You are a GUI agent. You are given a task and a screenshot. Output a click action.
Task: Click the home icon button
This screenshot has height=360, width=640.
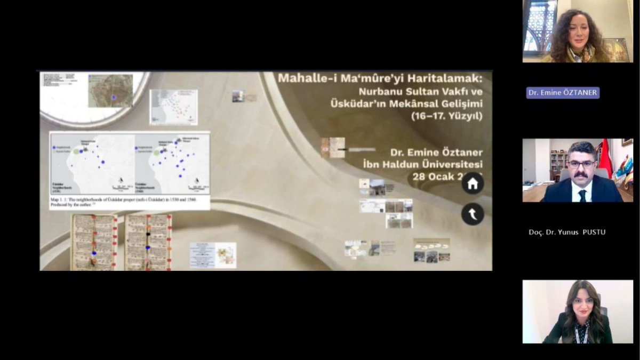[x=473, y=184]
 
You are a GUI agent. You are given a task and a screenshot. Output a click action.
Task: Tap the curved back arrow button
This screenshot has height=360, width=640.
[x=473, y=214]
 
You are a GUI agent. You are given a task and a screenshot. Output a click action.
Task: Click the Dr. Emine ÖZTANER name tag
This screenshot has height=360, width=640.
[x=563, y=93]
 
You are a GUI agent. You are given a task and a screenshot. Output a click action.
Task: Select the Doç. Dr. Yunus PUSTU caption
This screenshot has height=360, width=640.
[x=567, y=232]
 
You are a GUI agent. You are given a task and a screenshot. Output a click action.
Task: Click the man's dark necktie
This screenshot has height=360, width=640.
[x=582, y=195]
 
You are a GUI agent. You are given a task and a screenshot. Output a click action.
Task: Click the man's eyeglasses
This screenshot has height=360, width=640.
[x=581, y=164]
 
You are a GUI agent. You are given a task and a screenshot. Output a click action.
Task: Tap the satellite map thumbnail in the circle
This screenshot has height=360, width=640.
[x=110, y=91]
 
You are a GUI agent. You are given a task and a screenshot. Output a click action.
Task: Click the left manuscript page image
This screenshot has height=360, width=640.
[x=94, y=242]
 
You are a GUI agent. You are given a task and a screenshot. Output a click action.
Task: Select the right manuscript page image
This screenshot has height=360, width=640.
[x=148, y=242]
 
